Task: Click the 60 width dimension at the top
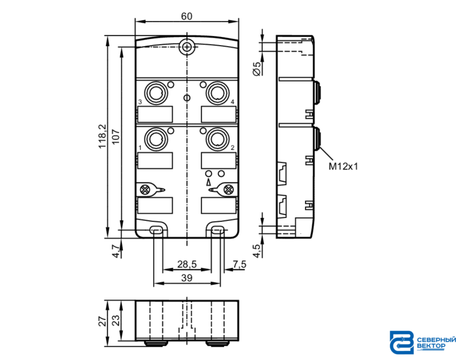186,16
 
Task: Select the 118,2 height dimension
103,136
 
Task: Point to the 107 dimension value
116,136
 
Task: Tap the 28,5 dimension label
187,264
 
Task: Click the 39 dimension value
187,278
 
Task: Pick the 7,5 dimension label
239,264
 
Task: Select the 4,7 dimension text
116,251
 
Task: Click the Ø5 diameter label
258,69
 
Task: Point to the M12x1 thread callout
343,167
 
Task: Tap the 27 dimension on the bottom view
103,321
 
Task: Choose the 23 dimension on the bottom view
116,321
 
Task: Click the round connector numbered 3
156,93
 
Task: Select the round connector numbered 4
217,93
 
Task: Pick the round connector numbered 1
156,139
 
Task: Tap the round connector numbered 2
217,139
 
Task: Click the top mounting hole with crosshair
187,47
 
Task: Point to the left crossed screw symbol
145,190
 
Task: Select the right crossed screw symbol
229,190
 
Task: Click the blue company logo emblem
402,342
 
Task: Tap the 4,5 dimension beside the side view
257,250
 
